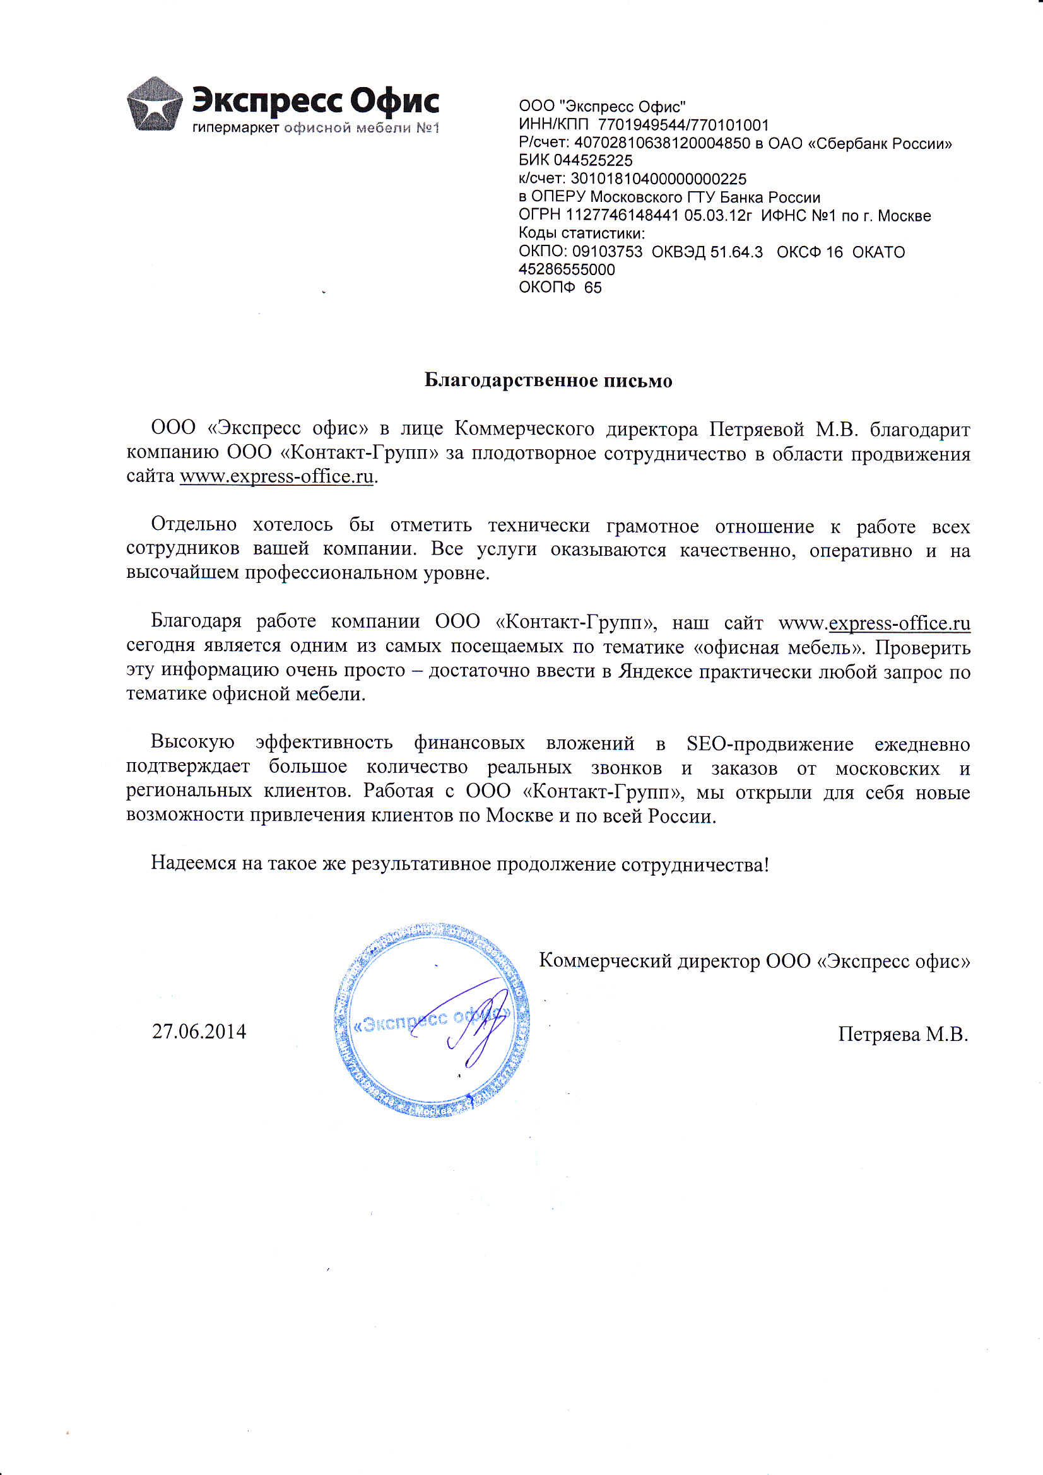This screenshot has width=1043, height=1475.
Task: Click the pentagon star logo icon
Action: pos(154,105)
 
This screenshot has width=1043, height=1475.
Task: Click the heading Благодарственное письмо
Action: pos(548,381)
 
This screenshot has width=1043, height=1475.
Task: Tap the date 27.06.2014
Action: pos(199,1031)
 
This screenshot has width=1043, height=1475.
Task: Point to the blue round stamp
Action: pos(432,1020)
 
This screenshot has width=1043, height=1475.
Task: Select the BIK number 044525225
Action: pos(592,161)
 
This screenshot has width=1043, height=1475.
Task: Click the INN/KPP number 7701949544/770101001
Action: pos(683,126)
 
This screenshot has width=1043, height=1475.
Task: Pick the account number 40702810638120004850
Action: pos(662,143)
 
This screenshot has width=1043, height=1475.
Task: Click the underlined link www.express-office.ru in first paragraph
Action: pos(276,477)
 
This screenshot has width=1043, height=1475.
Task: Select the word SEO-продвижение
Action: pos(770,744)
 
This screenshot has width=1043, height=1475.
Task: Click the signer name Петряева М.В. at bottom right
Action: pos(902,1034)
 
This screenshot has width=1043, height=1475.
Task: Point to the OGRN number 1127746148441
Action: pos(622,216)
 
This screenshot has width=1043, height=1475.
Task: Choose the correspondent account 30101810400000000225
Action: pos(658,179)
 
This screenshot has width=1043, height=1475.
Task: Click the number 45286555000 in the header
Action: pos(567,270)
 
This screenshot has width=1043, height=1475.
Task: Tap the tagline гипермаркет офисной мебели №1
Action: pos(315,129)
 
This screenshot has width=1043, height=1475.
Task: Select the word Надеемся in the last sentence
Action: pos(194,864)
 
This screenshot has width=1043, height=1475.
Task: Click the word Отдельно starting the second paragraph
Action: pos(194,525)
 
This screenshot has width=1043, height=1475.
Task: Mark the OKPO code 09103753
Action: pos(607,252)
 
